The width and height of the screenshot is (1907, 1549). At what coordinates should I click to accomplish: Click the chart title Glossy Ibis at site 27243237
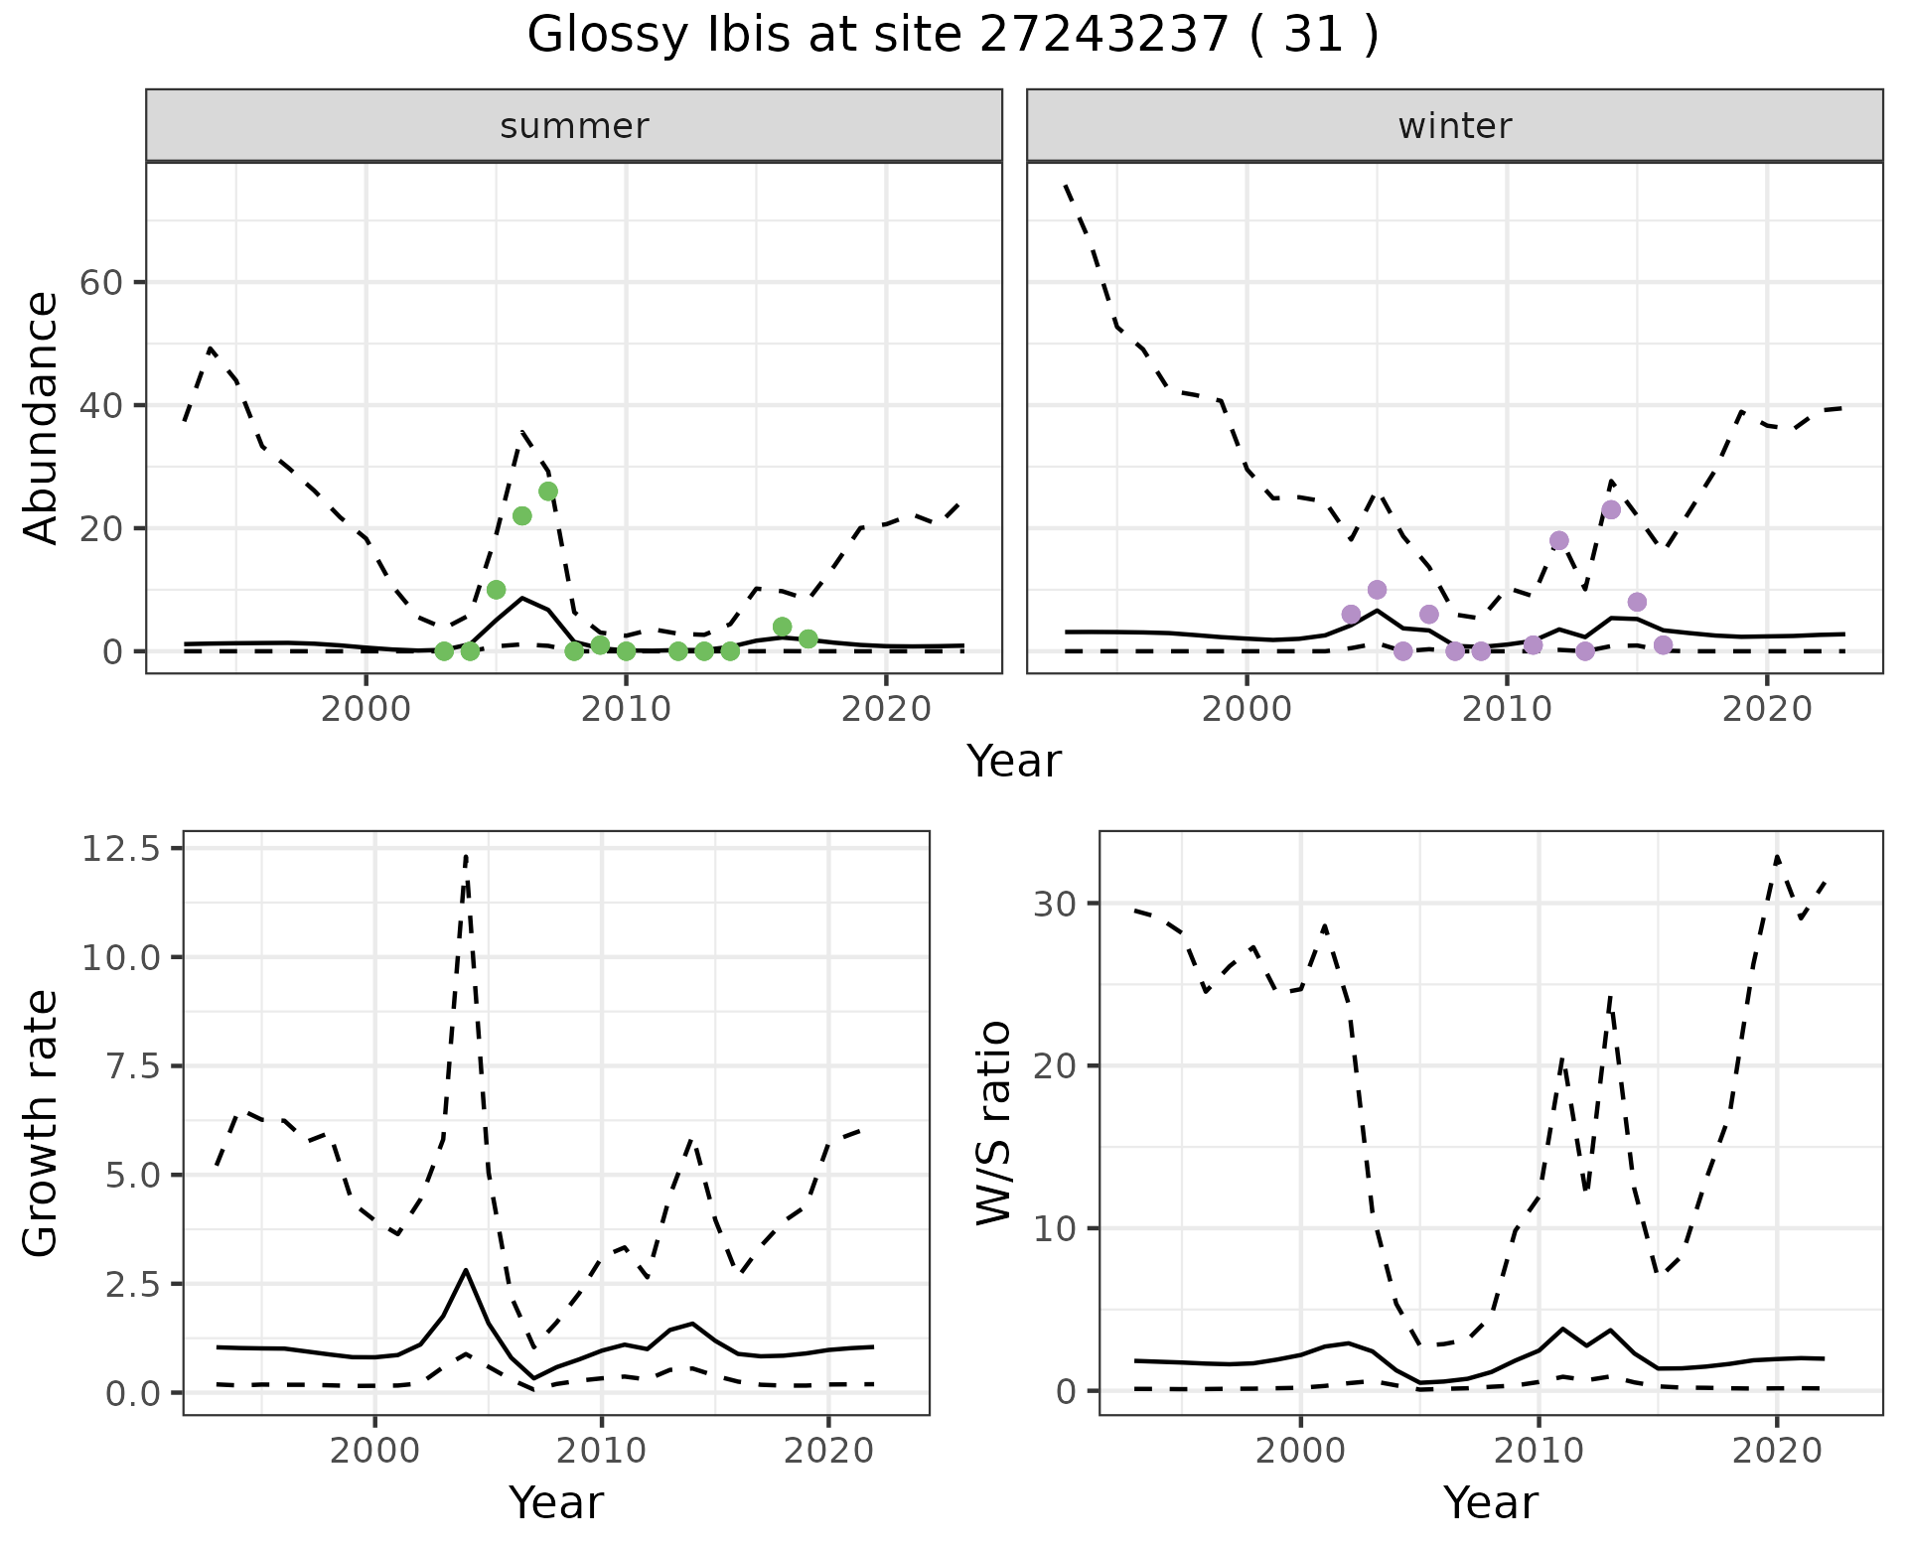[x=952, y=36]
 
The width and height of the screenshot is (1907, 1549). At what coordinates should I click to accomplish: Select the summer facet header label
[x=574, y=126]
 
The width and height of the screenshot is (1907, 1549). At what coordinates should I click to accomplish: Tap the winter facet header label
[x=1454, y=126]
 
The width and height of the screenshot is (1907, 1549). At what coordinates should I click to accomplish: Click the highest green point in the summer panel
[x=548, y=492]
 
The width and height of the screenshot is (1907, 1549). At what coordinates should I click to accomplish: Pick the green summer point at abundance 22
[x=522, y=515]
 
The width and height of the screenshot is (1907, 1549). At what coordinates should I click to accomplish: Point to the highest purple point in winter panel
[x=1611, y=509]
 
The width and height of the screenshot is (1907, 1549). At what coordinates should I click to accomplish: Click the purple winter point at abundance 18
[x=1559, y=540]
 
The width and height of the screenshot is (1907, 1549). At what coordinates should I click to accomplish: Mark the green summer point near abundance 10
[x=497, y=590]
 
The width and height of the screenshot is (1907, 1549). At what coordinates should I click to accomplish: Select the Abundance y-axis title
[x=42, y=418]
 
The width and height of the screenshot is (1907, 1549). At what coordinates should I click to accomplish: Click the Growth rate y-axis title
[x=42, y=1123]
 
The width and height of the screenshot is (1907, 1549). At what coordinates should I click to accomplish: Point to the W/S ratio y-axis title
[x=993, y=1123]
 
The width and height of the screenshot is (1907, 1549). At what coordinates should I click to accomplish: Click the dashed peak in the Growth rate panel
[x=466, y=855]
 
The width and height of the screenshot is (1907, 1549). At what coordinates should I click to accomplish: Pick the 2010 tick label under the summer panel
[x=626, y=709]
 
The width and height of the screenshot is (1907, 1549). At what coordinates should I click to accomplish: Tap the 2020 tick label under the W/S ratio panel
[x=1777, y=1451]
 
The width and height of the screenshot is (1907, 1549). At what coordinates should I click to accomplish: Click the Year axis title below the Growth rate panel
[x=556, y=1502]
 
